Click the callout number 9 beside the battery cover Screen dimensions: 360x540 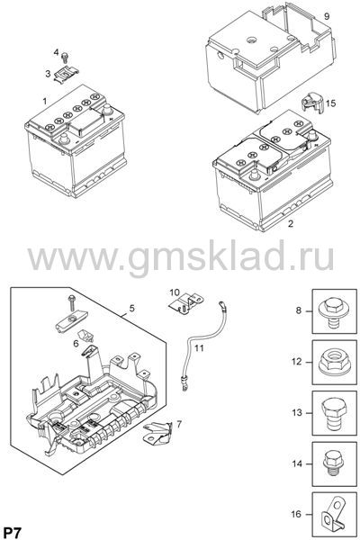tap(327, 16)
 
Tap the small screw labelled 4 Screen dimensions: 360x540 tap(65, 57)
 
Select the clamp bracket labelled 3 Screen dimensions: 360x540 tap(66, 74)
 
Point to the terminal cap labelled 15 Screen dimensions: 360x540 tap(312, 103)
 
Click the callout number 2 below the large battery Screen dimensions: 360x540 tap(291, 223)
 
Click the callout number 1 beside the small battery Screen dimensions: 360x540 tap(44, 101)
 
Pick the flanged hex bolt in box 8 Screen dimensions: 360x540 tap(334, 312)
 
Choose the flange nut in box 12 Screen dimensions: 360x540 tap(335, 363)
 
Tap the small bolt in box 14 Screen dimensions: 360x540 tap(334, 464)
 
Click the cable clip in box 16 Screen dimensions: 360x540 tap(333, 515)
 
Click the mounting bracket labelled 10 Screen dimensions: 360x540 tap(186, 302)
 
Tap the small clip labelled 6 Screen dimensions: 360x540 tap(86, 335)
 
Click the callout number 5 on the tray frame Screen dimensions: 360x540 tap(132, 308)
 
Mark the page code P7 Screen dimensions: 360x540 tap(12, 533)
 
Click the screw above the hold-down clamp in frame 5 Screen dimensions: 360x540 tap(72, 302)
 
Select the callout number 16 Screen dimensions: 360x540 tap(296, 514)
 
